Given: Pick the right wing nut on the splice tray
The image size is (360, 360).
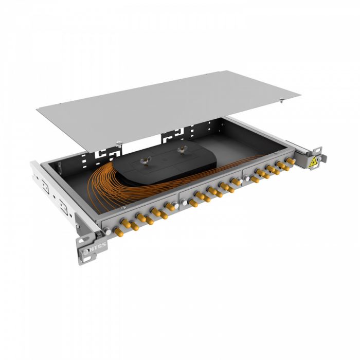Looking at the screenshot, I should tap(181, 150).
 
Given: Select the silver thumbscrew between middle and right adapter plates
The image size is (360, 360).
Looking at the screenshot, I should tap(247, 179).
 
